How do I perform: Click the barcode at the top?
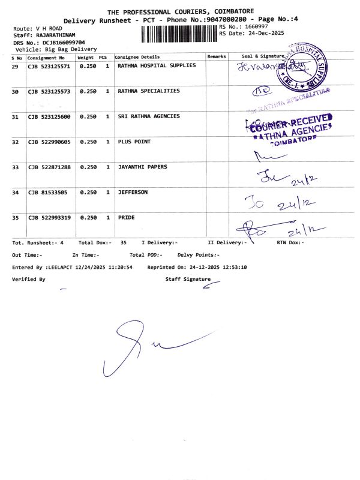(179, 34)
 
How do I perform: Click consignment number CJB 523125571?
(49, 66)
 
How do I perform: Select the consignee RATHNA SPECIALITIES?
(148, 91)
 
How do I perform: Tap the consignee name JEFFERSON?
(133, 193)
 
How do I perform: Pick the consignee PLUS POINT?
(134, 142)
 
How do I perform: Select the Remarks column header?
(216, 56)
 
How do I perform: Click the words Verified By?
(28, 280)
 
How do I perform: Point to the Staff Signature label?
(188, 280)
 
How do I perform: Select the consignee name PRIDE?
(126, 218)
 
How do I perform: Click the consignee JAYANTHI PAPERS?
(142, 167)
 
